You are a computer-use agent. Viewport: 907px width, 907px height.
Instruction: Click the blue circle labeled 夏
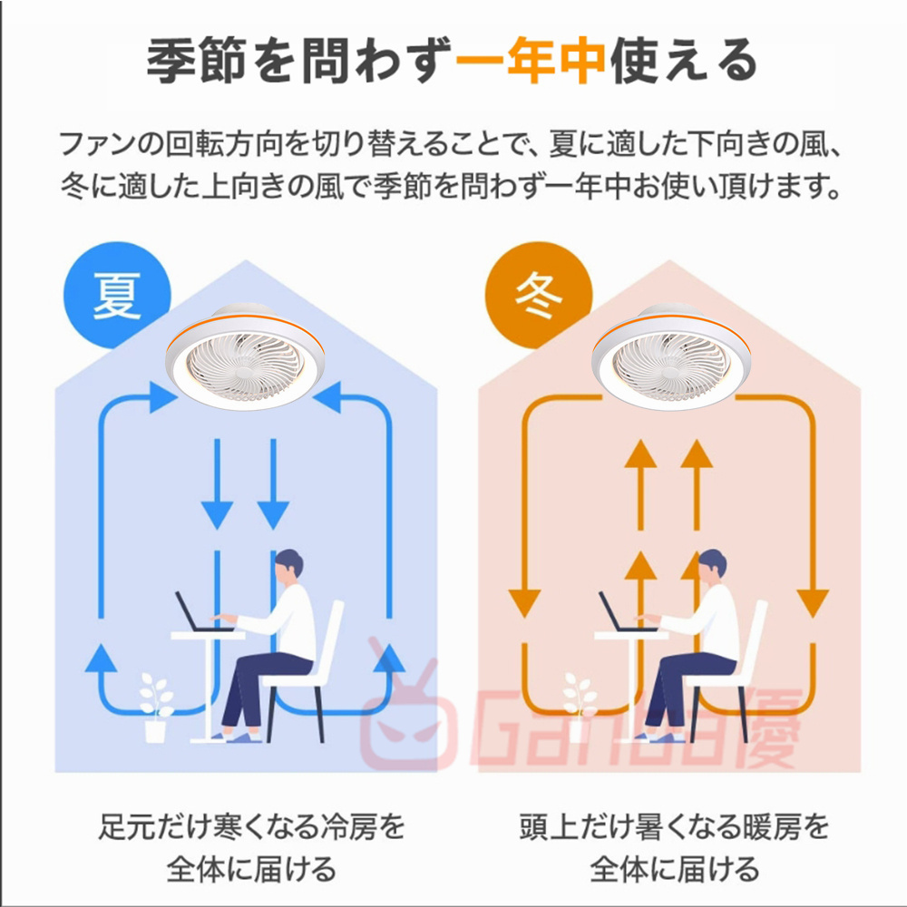(117, 295)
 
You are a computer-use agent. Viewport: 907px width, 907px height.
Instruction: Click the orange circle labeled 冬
(539, 295)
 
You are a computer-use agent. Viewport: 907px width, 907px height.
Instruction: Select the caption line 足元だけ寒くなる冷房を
(251, 826)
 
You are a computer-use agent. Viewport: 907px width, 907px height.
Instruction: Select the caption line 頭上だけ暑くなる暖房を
(675, 826)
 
